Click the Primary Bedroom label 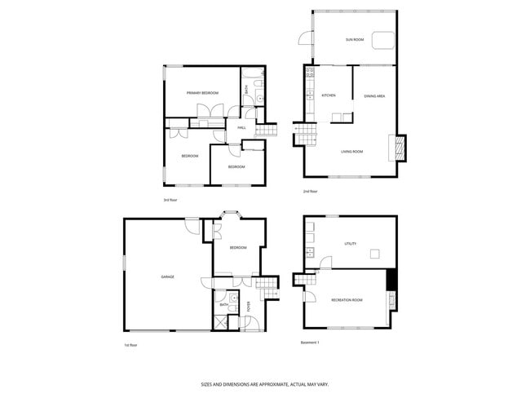pyautogui.click(x=201, y=94)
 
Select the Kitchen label pyautogui.click(x=329, y=96)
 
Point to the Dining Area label pyautogui.click(x=374, y=96)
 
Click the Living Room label pyautogui.click(x=352, y=152)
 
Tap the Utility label pyautogui.click(x=351, y=244)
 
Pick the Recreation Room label pyautogui.click(x=347, y=300)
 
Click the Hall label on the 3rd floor pyautogui.click(x=241, y=128)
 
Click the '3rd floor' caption pyautogui.click(x=170, y=200)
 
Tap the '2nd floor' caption pyautogui.click(x=310, y=192)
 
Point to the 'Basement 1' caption pyautogui.click(x=311, y=342)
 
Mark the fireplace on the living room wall pyautogui.click(x=400, y=146)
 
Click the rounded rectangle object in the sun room pyautogui.click(x=382, y=40)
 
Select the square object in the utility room pyautogui.click(x=374, y=254)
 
